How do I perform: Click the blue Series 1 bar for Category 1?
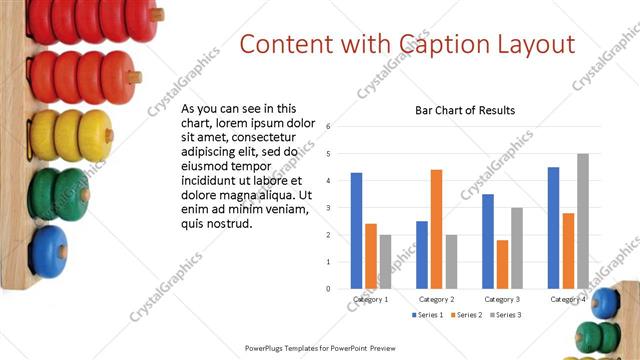click(x=356, y=231)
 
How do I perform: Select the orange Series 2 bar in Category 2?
click(x=436, y=229)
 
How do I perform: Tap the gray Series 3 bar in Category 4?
click(x=582, y=221)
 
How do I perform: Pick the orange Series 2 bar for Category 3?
click(x=502, y=264)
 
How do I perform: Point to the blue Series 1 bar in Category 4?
click(x=553, y=228)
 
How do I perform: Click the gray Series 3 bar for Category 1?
click(x=385, y=262)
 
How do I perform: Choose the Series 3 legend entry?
click(x=505, y=315)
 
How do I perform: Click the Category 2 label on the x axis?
click(x=436, y=299)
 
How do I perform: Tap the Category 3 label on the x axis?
click(x=502, y=299)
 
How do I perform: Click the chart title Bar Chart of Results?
click(x=465, y=110)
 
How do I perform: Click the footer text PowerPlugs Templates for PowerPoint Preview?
click(x=320, y=349)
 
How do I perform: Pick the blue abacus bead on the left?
click(x=47, y=251)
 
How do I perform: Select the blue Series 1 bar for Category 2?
click(x=422, y=255)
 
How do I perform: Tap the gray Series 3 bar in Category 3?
click(x=517, y=248)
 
